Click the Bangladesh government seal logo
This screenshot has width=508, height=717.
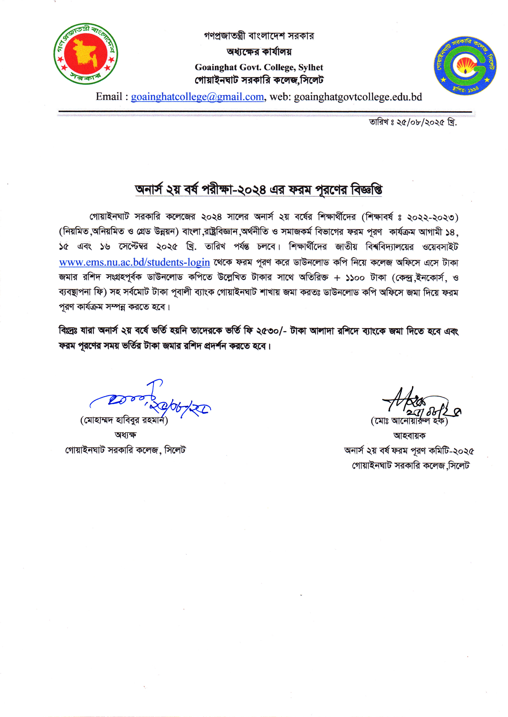tap(86, 54)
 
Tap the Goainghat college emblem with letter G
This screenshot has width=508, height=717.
tap(465, 66)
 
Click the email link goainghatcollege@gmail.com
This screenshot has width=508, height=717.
tap(197, 97)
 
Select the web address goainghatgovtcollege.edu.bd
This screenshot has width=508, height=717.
tap(358, 97)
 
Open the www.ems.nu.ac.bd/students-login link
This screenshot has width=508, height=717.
tap(135, 262)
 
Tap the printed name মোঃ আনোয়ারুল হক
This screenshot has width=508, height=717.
tap(409, 421)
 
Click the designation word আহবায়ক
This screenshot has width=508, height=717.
tap(409, 435)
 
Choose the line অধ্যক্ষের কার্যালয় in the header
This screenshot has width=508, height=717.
tap(259, 52)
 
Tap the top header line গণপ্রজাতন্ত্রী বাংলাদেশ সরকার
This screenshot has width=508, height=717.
tap(259, 36)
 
